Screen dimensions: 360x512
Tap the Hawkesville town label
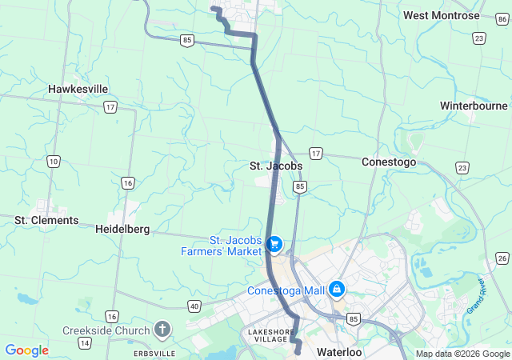pos(78,89)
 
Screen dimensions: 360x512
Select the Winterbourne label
pos(474,106)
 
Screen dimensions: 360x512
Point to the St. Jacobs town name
pos(275,166)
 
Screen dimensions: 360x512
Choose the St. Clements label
pos(47,220)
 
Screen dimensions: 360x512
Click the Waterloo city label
pos(340,352)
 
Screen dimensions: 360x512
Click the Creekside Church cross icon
pos(162,330)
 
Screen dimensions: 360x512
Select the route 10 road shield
pos(53,162)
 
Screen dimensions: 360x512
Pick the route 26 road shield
pos(502,258)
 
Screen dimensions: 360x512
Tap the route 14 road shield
pos(84,342)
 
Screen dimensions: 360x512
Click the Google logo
pos(26,350)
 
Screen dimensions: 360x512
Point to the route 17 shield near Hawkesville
pos(110,106)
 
